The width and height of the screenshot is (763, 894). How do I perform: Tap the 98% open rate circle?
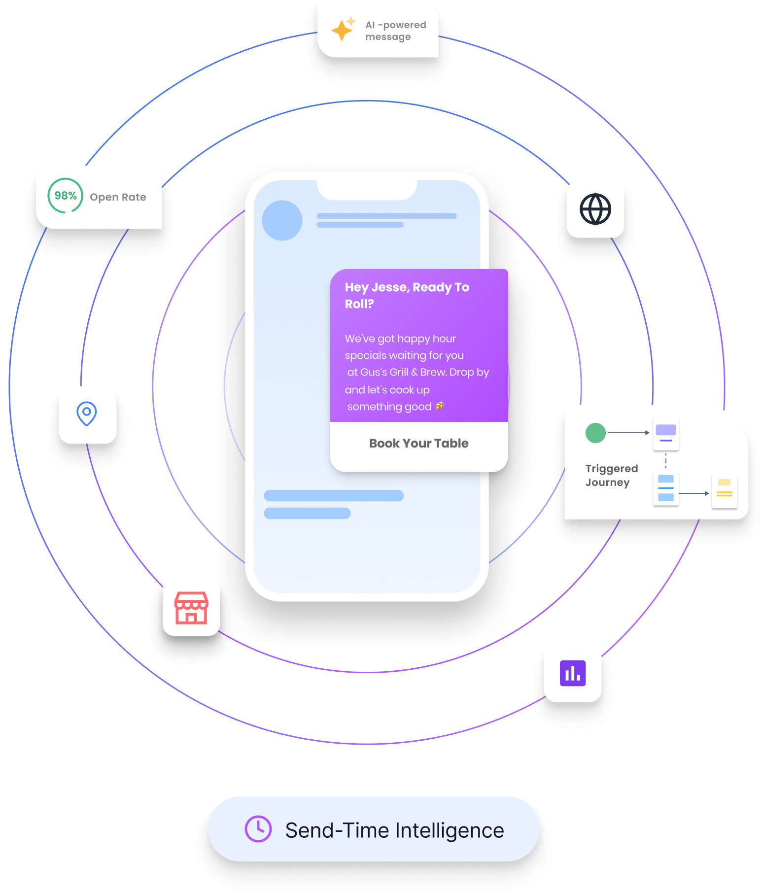click(65, 196)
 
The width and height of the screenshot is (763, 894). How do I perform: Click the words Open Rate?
click(118, 197)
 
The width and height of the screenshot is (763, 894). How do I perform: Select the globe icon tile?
click(595, 209)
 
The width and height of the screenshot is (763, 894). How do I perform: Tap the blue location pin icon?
click(87, 413)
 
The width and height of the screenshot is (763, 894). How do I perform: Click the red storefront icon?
click(191, 608)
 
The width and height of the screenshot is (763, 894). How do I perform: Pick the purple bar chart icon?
click(573, 673)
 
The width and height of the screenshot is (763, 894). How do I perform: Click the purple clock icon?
click(258, 829)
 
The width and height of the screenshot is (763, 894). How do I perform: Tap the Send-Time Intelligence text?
click(394, 830)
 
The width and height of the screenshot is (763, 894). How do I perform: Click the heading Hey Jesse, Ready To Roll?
click(407, 295)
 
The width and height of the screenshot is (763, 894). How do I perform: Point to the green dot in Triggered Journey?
click(595, 433)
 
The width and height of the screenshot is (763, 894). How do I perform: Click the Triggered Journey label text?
click(611, 475)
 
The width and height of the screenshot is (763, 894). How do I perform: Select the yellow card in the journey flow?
click(724, 491)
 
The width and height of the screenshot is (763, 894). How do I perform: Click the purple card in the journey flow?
click(665, 433)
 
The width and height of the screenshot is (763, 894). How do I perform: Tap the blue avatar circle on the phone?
click(282, 220)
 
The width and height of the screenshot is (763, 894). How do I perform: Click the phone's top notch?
click(367, 190)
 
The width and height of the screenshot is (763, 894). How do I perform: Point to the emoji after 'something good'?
click(439, 406)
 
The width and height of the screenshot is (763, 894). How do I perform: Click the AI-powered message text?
click(395, 31)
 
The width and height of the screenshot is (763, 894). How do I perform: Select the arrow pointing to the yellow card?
click(694, 493)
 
